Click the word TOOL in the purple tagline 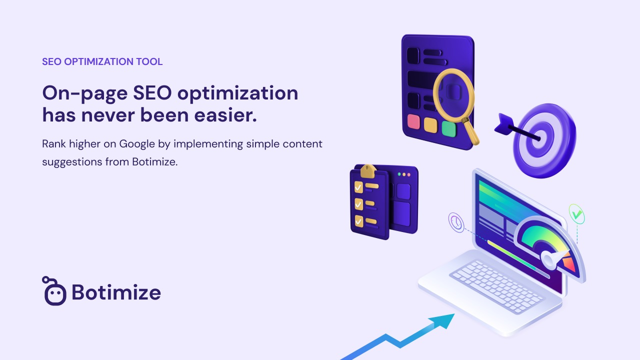click(x=149, y=61)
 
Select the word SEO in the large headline click(x=152, y=93)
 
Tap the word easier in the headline click(x=225, y=115)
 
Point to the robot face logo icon click(x=54, y=291)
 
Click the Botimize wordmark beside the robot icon click(x=116, y=292)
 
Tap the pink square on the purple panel click(x=413, y=121)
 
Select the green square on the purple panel click(x=449, y=129)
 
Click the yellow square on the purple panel click(x=430, y=125)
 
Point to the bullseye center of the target click(x=539, y=139)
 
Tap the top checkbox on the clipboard click(x=358, y=187)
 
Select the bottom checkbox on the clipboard click(x=359, y=221)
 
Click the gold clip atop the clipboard click(x=368, y=171)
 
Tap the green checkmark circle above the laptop click(x=576, y=213)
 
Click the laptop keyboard click(x=496, y=286)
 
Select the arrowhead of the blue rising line click(x=443, y=320)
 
